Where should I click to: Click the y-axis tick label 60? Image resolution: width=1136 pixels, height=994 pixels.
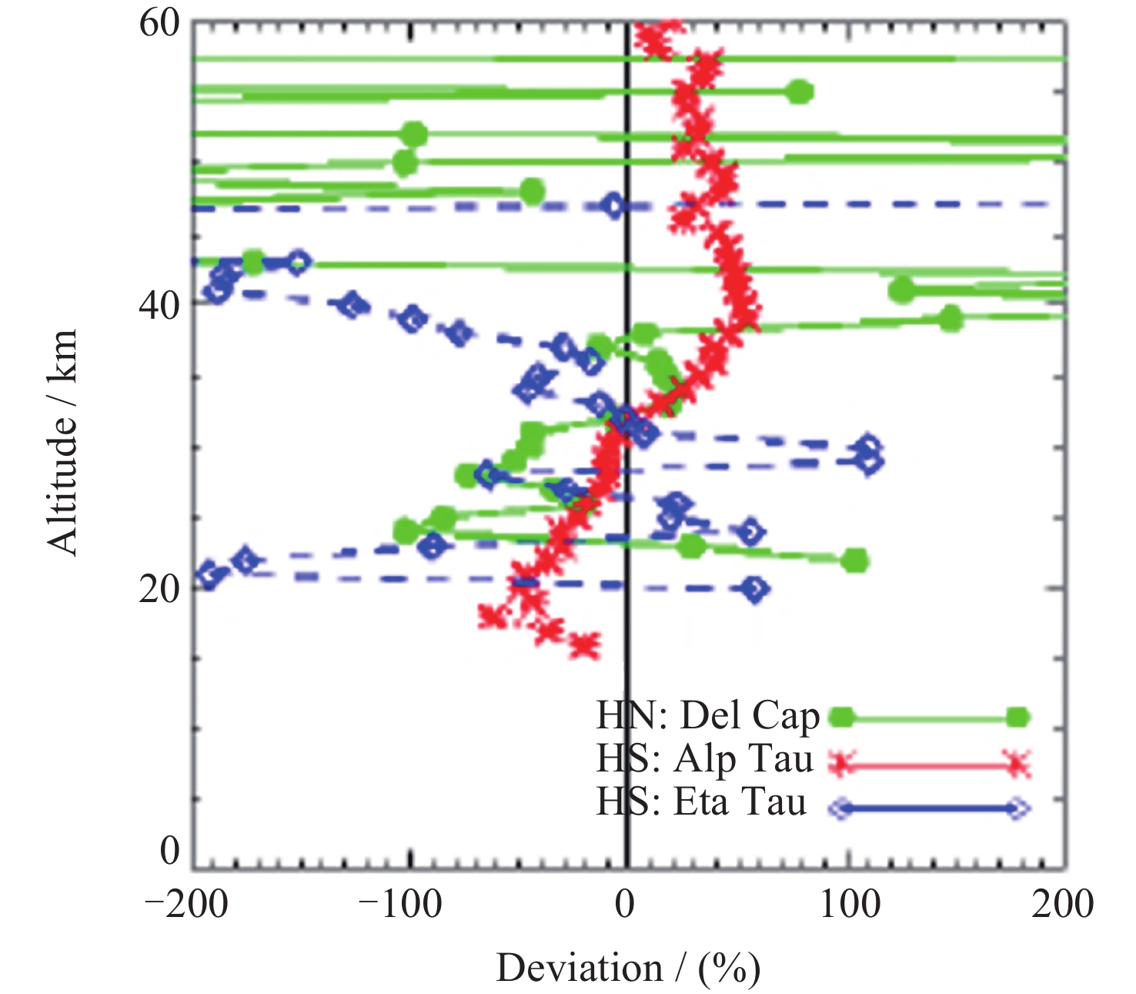159,22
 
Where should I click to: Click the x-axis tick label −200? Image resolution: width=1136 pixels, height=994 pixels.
186,904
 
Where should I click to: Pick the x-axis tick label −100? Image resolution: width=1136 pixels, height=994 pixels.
400,904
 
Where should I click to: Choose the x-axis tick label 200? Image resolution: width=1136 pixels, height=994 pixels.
1062,904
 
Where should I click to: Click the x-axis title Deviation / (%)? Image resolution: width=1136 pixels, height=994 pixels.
628,968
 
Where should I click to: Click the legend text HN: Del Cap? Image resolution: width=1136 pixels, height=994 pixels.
708,716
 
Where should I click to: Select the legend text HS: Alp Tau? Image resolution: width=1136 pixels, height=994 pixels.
705,759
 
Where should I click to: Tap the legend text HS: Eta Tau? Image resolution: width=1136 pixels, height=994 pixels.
702,802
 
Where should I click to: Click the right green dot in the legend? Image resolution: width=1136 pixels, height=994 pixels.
1017,718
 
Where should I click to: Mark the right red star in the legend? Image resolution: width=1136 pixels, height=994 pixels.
1017,763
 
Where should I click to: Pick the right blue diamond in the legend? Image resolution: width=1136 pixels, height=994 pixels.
1017,808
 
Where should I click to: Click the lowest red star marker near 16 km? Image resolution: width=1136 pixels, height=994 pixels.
585,646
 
